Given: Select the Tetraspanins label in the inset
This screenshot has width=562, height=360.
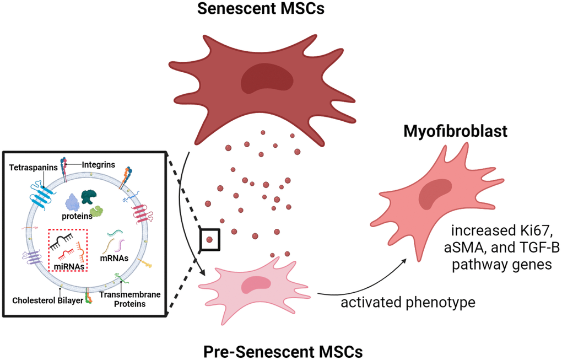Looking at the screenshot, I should pyautogui.click(x=31, y=167).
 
